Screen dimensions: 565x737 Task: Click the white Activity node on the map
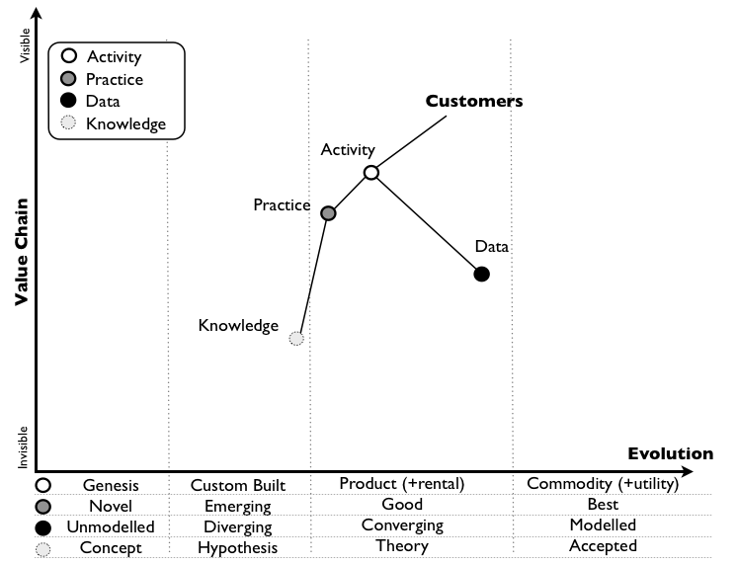click(x=371, y=173)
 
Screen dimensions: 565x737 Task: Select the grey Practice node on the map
click(x=329, y=212)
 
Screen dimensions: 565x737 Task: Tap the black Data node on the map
click(x=482, y=274)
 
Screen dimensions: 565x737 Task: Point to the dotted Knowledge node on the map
click(x=296, y=338)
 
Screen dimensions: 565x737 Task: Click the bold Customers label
click(x=473, y=101)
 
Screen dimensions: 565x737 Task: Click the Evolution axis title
click(x=670, y=454)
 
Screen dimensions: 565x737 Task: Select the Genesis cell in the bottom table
click(x=111, y=485)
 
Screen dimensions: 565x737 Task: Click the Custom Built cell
click(x=238, y=485)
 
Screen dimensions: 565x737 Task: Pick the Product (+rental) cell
click(x=402, y=484)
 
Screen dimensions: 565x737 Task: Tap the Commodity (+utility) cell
click(x=603, y=484)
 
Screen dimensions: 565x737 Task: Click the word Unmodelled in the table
click(x=110, y=525)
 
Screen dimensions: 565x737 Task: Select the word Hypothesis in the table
click(x=238, y=547)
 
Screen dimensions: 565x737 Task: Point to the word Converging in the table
click(x=402, y=525)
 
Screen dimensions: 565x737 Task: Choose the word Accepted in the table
click(x=603, y=546)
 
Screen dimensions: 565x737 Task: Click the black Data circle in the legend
click(x=69, y=101)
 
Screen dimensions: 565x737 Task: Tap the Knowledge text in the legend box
click(x=126, y=123)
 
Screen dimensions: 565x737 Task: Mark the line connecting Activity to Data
click(x=427, y=223)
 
